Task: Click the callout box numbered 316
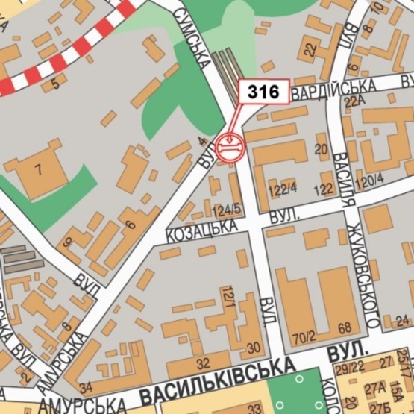[x=263, y=92]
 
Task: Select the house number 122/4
[x=283, y=186]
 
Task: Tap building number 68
[x=343, y=329]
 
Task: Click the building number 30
[x=253, y=347]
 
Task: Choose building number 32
[x=204, y=363]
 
